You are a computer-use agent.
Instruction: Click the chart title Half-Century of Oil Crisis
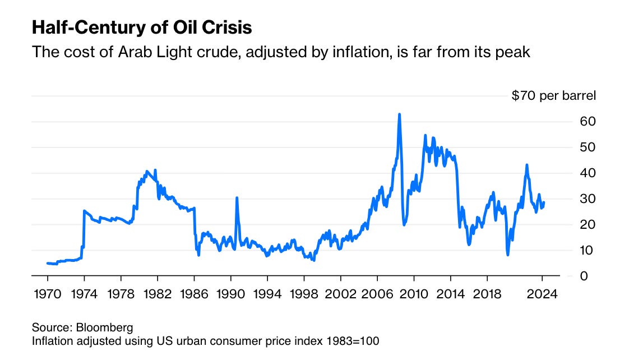click(x=142, y=27)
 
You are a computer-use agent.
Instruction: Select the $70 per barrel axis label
click(x=553, y=95)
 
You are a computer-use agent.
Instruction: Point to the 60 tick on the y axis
click(x=588, y=121)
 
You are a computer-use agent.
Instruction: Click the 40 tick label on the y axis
click(x=588, y=173)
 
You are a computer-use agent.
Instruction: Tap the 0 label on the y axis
click(x=584, y=276)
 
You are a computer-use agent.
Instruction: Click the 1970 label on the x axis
click(x=47, y=294)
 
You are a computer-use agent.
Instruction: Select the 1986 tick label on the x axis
click(x=194, y=294)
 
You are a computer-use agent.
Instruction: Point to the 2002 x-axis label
click(x=341, y=294)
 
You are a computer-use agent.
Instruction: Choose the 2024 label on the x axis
click(x=542, y=294)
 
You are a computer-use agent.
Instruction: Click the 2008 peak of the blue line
click(x=399, y=114)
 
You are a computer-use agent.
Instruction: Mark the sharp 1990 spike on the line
click(x=237, y=198)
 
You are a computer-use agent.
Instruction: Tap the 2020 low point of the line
click(x=507, y=255)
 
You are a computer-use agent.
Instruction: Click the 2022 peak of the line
click(x=527, y=165)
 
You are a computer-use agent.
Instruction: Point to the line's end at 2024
click(x=544, y=202)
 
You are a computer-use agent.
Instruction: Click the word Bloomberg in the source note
click(x=104, y=327)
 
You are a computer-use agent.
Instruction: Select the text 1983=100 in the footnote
click(x=353, y=341)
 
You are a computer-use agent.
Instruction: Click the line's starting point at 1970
click(x=47, y=264)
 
